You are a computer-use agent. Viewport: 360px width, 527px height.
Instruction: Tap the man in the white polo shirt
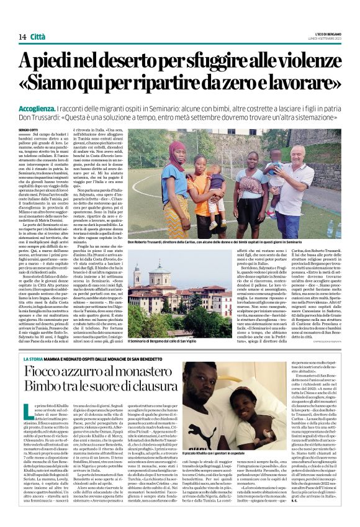[x=310, y=186]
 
